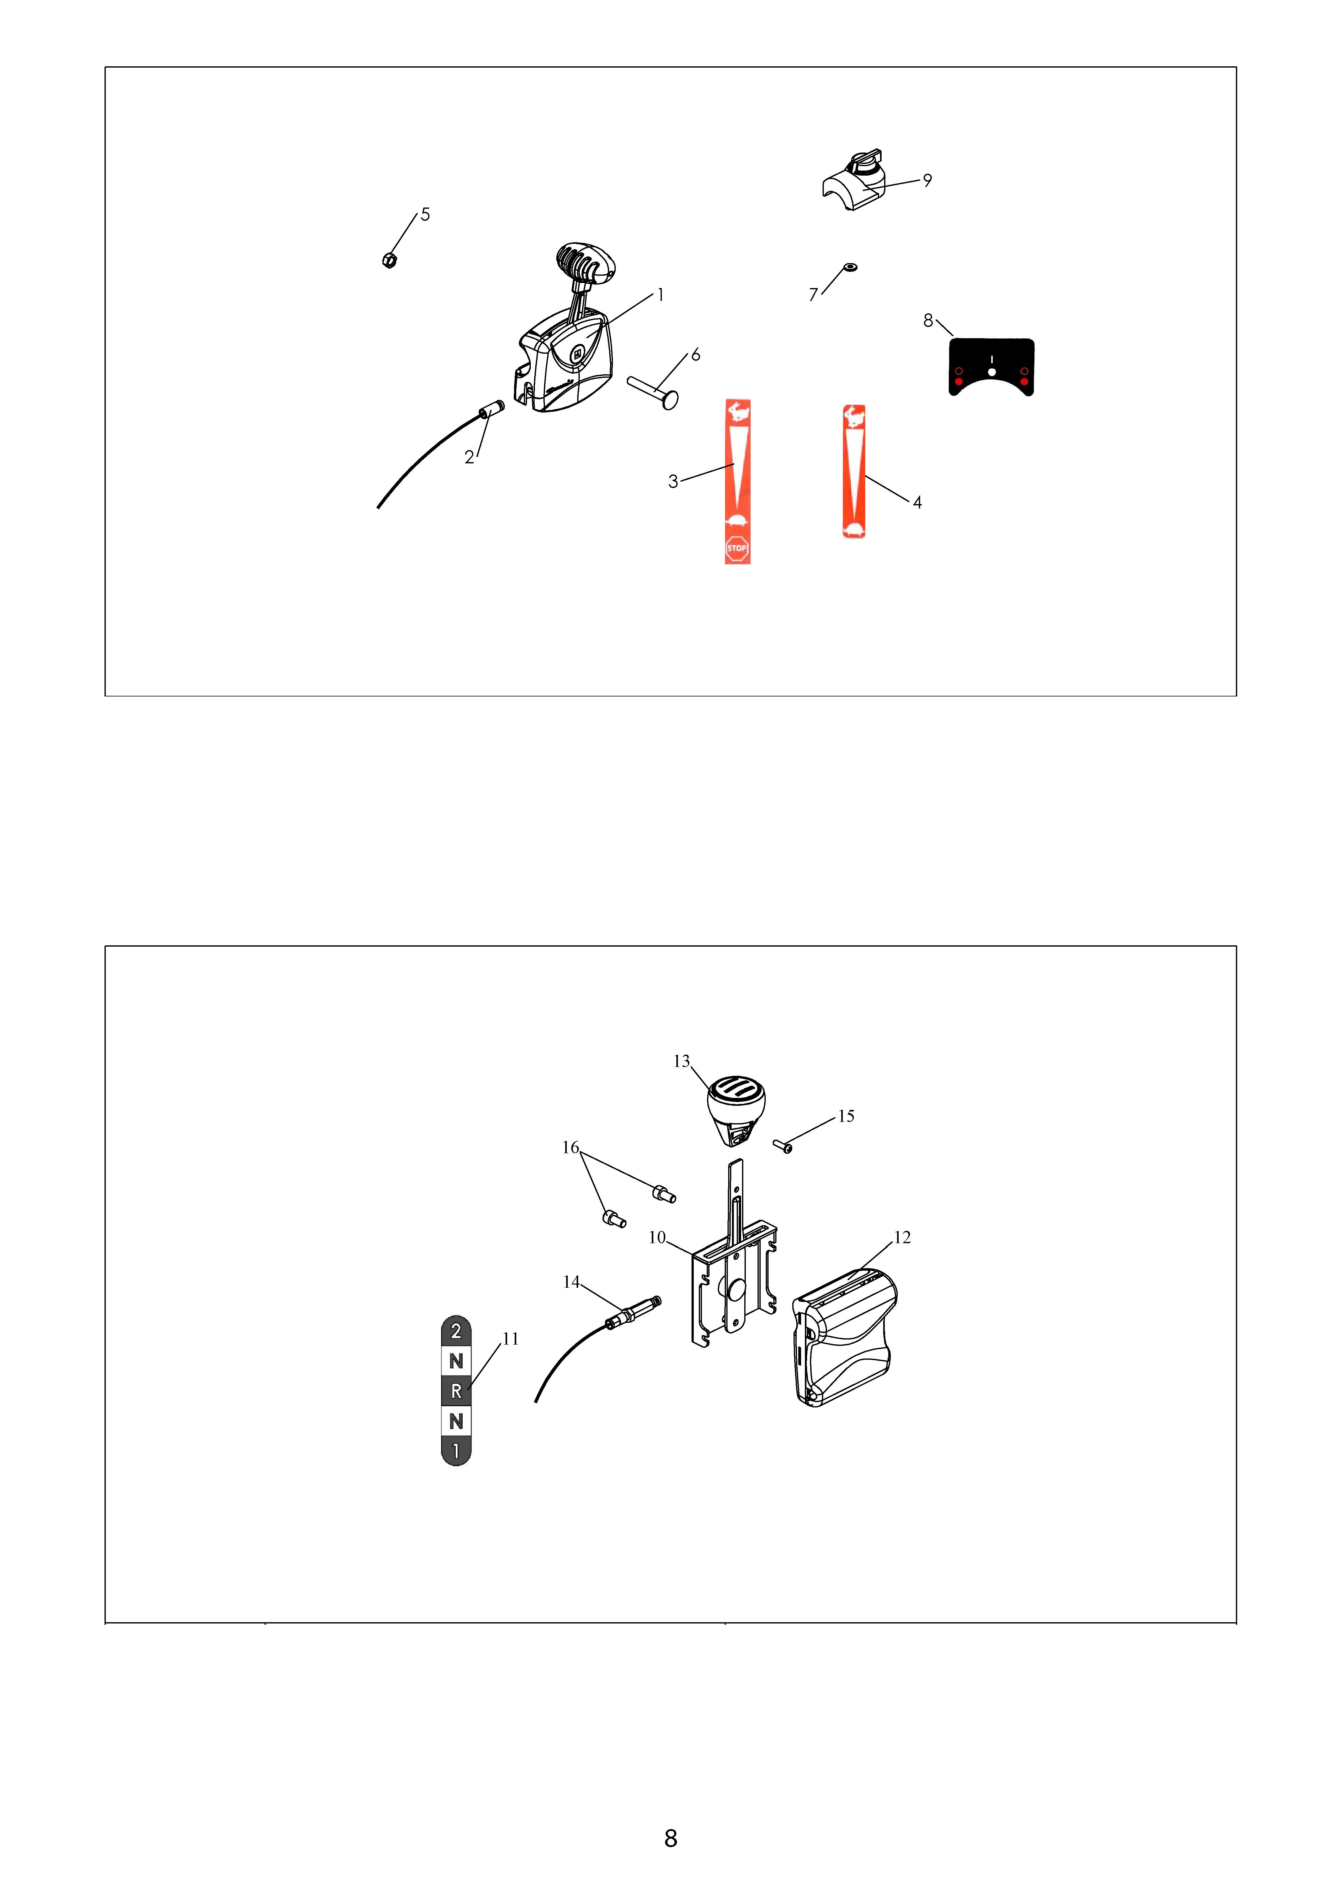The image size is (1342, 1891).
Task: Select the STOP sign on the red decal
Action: click(737, 548)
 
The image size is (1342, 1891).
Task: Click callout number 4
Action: click(917, 503)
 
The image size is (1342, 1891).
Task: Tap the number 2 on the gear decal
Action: click(456, 1331)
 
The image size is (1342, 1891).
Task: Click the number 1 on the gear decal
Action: click(456, 1450)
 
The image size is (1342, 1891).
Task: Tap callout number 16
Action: click(570, 1147)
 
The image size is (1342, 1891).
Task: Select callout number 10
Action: click(657, 1237)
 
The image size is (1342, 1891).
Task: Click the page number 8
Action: click(671, 1838)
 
